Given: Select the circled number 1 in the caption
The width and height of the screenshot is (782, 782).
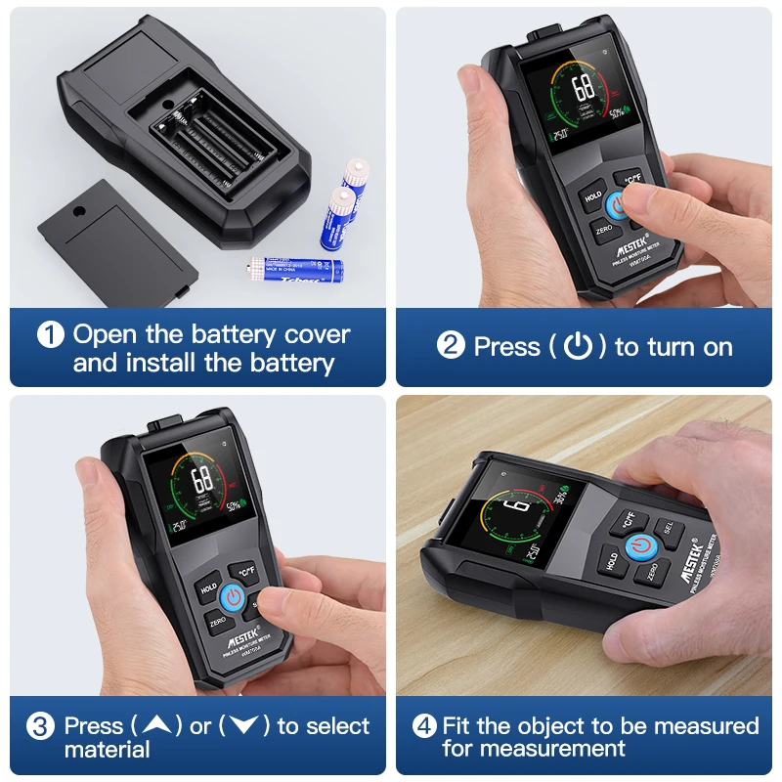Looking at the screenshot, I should [51, 335].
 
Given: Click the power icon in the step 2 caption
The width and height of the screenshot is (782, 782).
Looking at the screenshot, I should [579, 347].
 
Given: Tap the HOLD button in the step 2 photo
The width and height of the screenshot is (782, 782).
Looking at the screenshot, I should [592, 196].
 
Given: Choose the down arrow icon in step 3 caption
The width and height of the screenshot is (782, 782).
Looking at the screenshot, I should [243, 726].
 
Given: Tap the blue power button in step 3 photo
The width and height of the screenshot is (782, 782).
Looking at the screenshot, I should [233, 596].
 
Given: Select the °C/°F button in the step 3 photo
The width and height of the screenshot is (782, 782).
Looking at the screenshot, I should [242, 569].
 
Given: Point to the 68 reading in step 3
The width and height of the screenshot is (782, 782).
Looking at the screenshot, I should [202, 479].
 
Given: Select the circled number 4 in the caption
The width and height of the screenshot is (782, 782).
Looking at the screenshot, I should [424, 726].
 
